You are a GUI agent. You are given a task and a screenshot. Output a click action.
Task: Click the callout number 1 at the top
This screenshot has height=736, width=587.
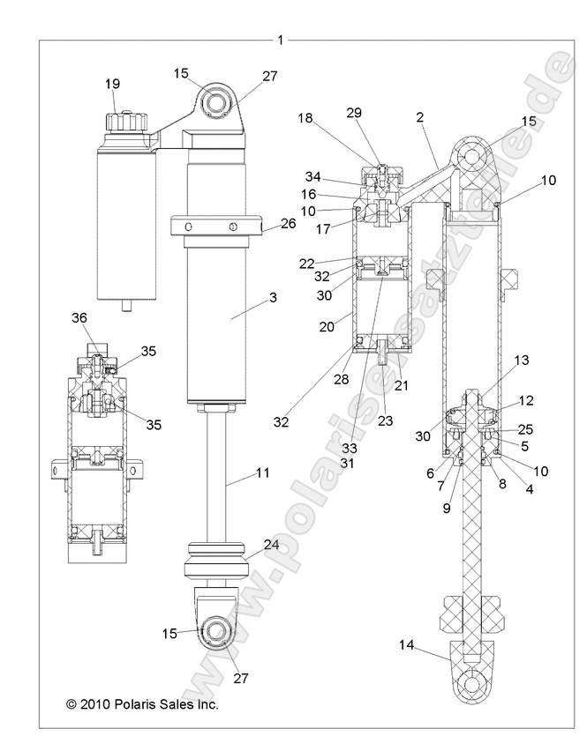click(280, 39)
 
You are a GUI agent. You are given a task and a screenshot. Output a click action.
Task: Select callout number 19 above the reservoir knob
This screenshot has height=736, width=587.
click(113, 85)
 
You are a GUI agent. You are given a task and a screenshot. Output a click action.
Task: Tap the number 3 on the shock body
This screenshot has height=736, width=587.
click(274, 298)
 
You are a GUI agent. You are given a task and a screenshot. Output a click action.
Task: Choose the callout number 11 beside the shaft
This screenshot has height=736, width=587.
click(262, 473)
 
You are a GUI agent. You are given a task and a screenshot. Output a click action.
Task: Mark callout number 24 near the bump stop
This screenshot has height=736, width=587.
click(271, 545)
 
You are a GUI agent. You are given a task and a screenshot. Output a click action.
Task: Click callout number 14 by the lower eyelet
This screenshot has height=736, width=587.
click(405, 644)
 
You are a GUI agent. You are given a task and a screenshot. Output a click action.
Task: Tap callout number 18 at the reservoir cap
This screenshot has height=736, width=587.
click(305, 117)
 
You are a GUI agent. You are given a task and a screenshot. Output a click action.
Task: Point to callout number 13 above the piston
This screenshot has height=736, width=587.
click(522, 360)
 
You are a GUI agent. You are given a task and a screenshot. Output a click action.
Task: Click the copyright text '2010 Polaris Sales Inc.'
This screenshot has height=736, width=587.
click(141, 704)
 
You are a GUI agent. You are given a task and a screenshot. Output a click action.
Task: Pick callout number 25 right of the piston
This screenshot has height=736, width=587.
click(526, 428)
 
